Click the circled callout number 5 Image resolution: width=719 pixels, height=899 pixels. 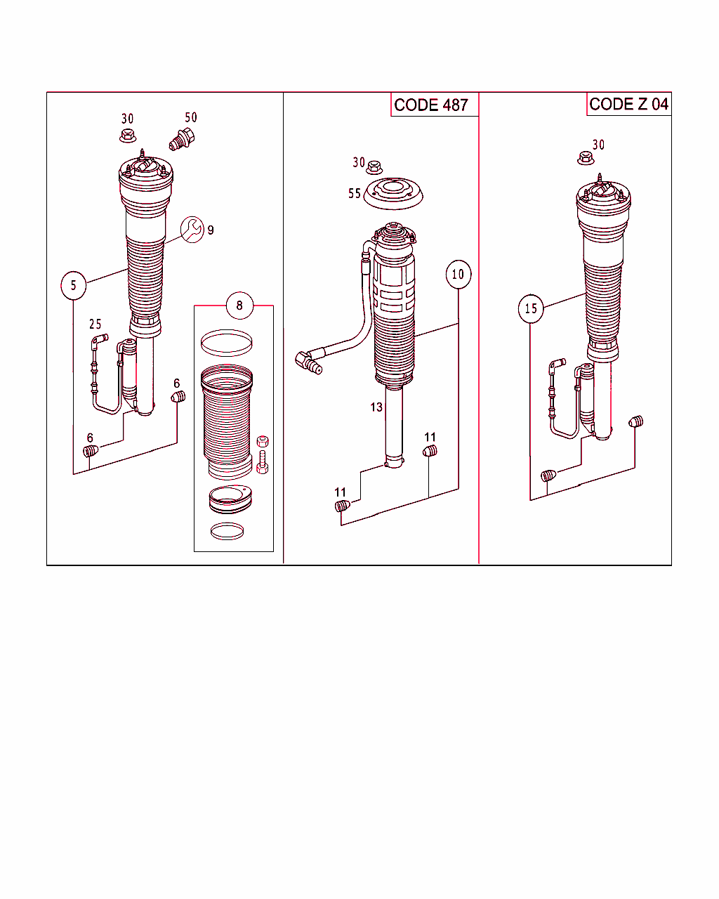pyautogui.click(x=73, y=285)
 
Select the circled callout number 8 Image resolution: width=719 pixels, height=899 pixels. pyautogui.click(x=239, y=305)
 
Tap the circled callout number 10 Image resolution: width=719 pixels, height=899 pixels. pyautogui.click(x=458, y=274)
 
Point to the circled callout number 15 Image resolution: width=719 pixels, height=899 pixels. pyautogui.click(x=531, y=308)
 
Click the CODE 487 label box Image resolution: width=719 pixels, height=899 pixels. pyautogui.click(x=431, y=105)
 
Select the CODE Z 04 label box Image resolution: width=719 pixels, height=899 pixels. pyautogui.click(x=628, y=104)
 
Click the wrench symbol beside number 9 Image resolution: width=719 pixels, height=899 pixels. pyautogui.click(x=192, y=229)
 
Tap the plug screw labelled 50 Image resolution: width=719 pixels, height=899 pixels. pyautogui.click(x=183, y=139)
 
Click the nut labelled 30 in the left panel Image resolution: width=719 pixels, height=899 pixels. pyautogui.click(x=127, y=135)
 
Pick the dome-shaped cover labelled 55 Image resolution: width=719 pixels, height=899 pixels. pyautogui.click(x=393, y=194)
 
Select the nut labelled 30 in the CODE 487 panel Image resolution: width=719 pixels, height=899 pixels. pyautogui.click(x=374, y=167)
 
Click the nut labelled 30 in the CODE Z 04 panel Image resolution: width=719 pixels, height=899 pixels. pyautogui.click(x=586, y=159)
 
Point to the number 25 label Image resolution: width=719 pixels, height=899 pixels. pyautogui.click(x=95, y=324)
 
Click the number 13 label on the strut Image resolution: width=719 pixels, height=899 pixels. pyautogui.click(x=376, y=407)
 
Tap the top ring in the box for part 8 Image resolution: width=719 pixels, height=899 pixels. pyautogui.click(x=226, y=343)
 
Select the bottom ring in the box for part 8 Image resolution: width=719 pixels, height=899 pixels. pyautogui.click(x=227, y=531)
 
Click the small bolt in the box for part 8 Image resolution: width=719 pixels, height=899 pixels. pyautogui.click(x=263, y=463)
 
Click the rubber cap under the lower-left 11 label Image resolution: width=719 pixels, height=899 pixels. pyautogui.click(x=342, y=506)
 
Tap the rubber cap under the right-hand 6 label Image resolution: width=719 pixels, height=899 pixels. pyautogui.click(x=178, y=398)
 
